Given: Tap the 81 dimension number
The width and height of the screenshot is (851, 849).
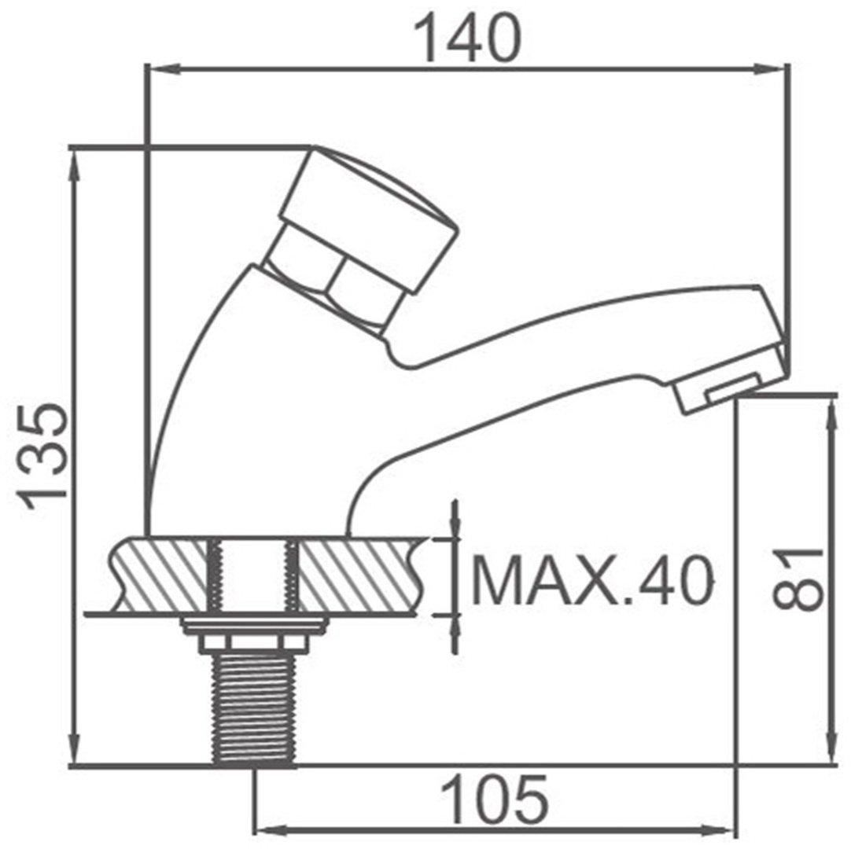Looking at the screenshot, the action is point(797,579).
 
